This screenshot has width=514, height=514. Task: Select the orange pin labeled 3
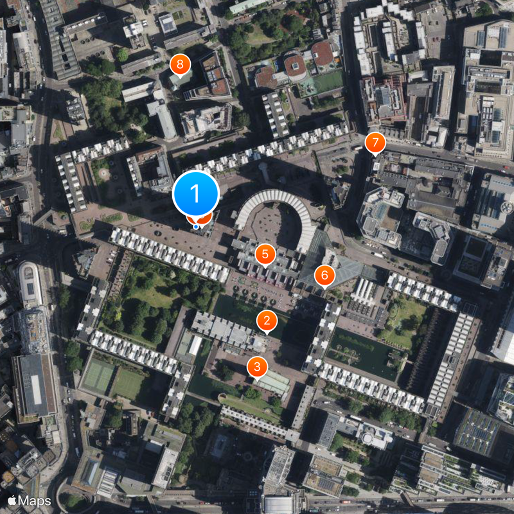pos(257,368)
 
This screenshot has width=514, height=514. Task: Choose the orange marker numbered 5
pos(265,254)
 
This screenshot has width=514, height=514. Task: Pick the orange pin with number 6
pos(324,276)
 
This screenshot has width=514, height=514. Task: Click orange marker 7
pos(375,143)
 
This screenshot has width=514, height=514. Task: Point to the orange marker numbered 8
pos(180,64)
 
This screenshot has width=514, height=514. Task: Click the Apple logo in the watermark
pos(12,500)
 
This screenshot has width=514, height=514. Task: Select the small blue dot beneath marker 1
pos(196,226)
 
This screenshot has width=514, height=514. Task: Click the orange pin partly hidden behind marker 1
pos(204,220)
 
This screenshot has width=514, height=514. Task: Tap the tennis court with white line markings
pos(98,376)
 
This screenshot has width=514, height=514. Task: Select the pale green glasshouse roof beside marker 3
pos(274,383)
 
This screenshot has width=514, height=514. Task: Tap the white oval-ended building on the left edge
pos(29,283)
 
